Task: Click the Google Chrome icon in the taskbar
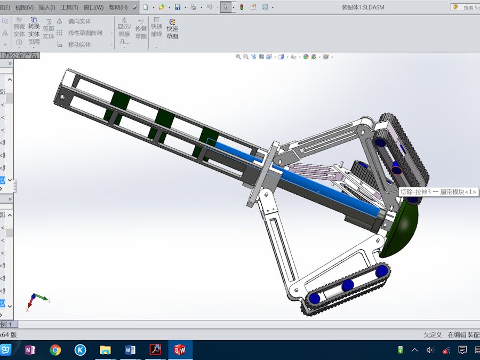pyautogui.click(x=55, y=350)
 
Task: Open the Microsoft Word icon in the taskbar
pyautogui.click(x=130, y=350)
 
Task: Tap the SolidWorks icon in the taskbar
pyautogui.click(x=180, y=350)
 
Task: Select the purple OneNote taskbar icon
pyautogui.click(x=30, y=350)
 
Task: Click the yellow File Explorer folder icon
pyautogui.click(x=105, y=350)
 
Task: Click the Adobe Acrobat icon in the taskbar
pyautogui.click(x=155, y=350)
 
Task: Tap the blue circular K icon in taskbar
pyautogui.click(x=80, y=350)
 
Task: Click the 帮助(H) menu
pyautogui.click(x=118, y=7)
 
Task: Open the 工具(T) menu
pyautogui.click(x=69, y=7)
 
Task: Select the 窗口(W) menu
pyautogui.click(x=93, y=7)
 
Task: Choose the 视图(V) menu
pyautogui.click(x=24, y=7)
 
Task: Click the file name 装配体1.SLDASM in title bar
pyautogui.click(x=363, y=7)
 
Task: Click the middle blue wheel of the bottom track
pyautogui.click(x=347, y=285)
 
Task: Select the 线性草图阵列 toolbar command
pyautogui.click(x=85, y=33)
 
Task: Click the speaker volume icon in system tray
pyautogui.click(x=430, y=350)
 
